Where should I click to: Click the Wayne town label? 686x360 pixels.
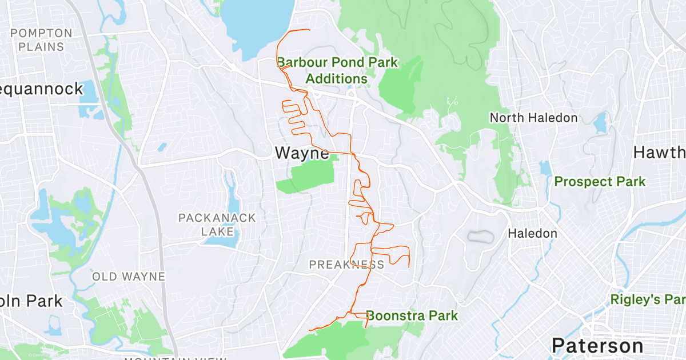[302, 153]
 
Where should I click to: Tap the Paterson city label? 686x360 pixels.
[597, 345]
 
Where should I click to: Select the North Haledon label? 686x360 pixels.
[533, 118]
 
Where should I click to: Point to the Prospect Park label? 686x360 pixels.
[600, 182]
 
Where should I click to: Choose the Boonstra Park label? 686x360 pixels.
[412, 315]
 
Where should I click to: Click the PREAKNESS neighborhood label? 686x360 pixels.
[346, 265]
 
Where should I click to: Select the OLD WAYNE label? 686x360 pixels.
[129, 277]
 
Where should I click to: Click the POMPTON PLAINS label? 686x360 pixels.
[41, 40]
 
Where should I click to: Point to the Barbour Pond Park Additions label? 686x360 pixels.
[337, 70]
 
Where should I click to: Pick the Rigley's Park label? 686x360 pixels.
[648, 299]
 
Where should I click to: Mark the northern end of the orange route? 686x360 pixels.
[309, 30]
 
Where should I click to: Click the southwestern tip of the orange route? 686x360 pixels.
[309, 330]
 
